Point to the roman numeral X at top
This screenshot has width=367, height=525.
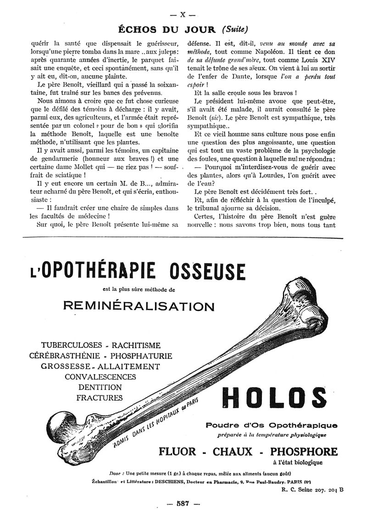(x=183, y=15)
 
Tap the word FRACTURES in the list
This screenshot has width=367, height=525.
(x=100, y=398)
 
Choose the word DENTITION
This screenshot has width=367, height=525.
(x=100, y=387)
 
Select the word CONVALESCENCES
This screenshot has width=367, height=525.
(x=100, y=377)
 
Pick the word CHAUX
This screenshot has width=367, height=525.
(x=232, y=451)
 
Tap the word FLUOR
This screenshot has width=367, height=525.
(x=177, y=451)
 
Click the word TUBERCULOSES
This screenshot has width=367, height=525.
(x=70, y=345)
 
